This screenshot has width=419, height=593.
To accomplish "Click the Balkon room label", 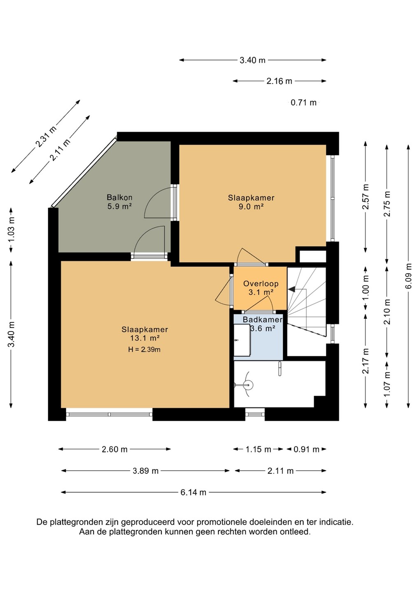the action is click(119, 197).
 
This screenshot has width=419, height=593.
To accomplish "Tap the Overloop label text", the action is click(261, 284).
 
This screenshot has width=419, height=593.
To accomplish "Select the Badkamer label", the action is click(263, 320).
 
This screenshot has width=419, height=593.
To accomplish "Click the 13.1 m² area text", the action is click(145, 338).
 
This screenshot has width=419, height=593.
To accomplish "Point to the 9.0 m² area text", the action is click(251, 206).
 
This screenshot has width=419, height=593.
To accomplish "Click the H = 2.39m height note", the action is click(144, 350).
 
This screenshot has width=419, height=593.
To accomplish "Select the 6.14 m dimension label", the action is click(193, 493).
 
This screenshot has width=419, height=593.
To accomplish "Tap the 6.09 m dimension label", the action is click(409, 276).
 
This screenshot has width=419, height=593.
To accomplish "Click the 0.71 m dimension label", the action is click(304, 103).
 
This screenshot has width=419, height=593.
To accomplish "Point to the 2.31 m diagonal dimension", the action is click(46, 136).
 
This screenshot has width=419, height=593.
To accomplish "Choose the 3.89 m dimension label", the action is click(145, 471).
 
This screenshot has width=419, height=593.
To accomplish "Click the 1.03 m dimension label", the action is click(11, 229).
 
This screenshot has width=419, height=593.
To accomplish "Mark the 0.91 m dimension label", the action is click(307, 449).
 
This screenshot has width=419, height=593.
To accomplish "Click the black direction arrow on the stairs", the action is click(292, 289).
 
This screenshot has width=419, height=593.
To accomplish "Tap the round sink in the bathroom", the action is click(249, 385).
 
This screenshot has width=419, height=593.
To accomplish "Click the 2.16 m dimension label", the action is click(279, 81).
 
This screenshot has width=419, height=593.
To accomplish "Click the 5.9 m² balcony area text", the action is click(119, 206).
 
